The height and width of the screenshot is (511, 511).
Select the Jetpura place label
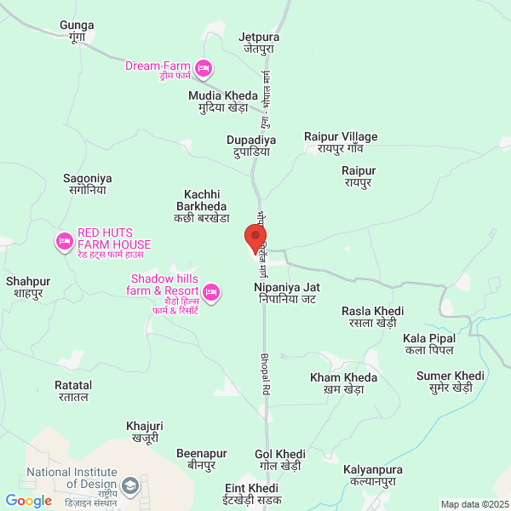[259, 43]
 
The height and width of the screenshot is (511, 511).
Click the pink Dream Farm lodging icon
[203, 66]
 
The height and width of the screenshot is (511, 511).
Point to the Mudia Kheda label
[218, 101]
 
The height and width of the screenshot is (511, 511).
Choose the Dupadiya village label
[251, 146]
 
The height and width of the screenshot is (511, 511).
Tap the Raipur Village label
[341, 142]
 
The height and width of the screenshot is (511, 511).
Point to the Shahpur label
[28, 287]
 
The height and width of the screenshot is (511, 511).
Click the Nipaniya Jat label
[287, 294]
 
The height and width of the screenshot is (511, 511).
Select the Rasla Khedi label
[372, 317]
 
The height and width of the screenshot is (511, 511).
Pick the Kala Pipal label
[429, 344]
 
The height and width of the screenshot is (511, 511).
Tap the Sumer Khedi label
[444, 381]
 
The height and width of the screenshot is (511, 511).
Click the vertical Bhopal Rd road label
[264, 362]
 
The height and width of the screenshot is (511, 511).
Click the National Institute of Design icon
[130, 486]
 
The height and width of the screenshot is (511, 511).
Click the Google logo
[29, 501]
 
